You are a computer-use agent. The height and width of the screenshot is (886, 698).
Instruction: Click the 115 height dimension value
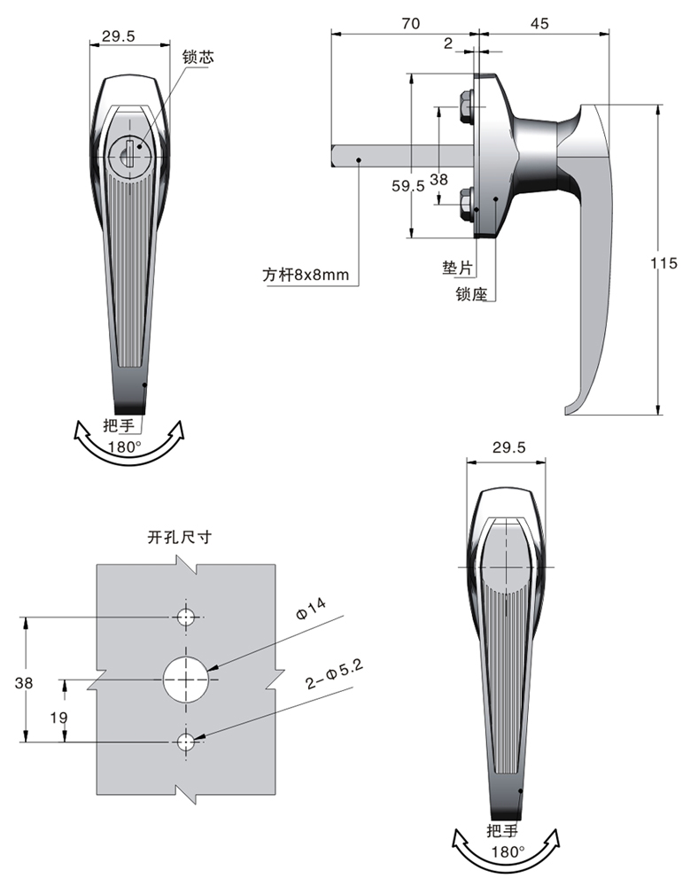pyautogui.click(x=663, y=263)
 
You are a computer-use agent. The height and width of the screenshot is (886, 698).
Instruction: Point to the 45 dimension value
pyautogui.click(x=539, y=24)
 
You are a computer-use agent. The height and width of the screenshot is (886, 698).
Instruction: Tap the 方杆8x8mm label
pyautogui.click(x=306, y=275)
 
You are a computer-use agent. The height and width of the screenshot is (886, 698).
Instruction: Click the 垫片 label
pyautogui.click(x=458, y=266)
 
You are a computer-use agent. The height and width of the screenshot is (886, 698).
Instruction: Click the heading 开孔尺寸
pyautogui.click(x=180, y=536)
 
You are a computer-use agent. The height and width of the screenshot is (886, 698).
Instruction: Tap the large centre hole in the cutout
pyautogui.click(x=186, y=680)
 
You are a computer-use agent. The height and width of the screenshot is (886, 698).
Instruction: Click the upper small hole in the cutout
pyautogui.click(x=186, y=617)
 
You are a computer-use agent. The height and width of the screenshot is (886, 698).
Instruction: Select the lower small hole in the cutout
pyautogui.click(x=186, y=742)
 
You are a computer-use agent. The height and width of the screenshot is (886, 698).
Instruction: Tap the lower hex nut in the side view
pyautogui.click(x=463, y=206)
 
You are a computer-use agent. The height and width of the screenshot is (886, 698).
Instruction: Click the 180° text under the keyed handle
pyautogui.click(x=125, y=447)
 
